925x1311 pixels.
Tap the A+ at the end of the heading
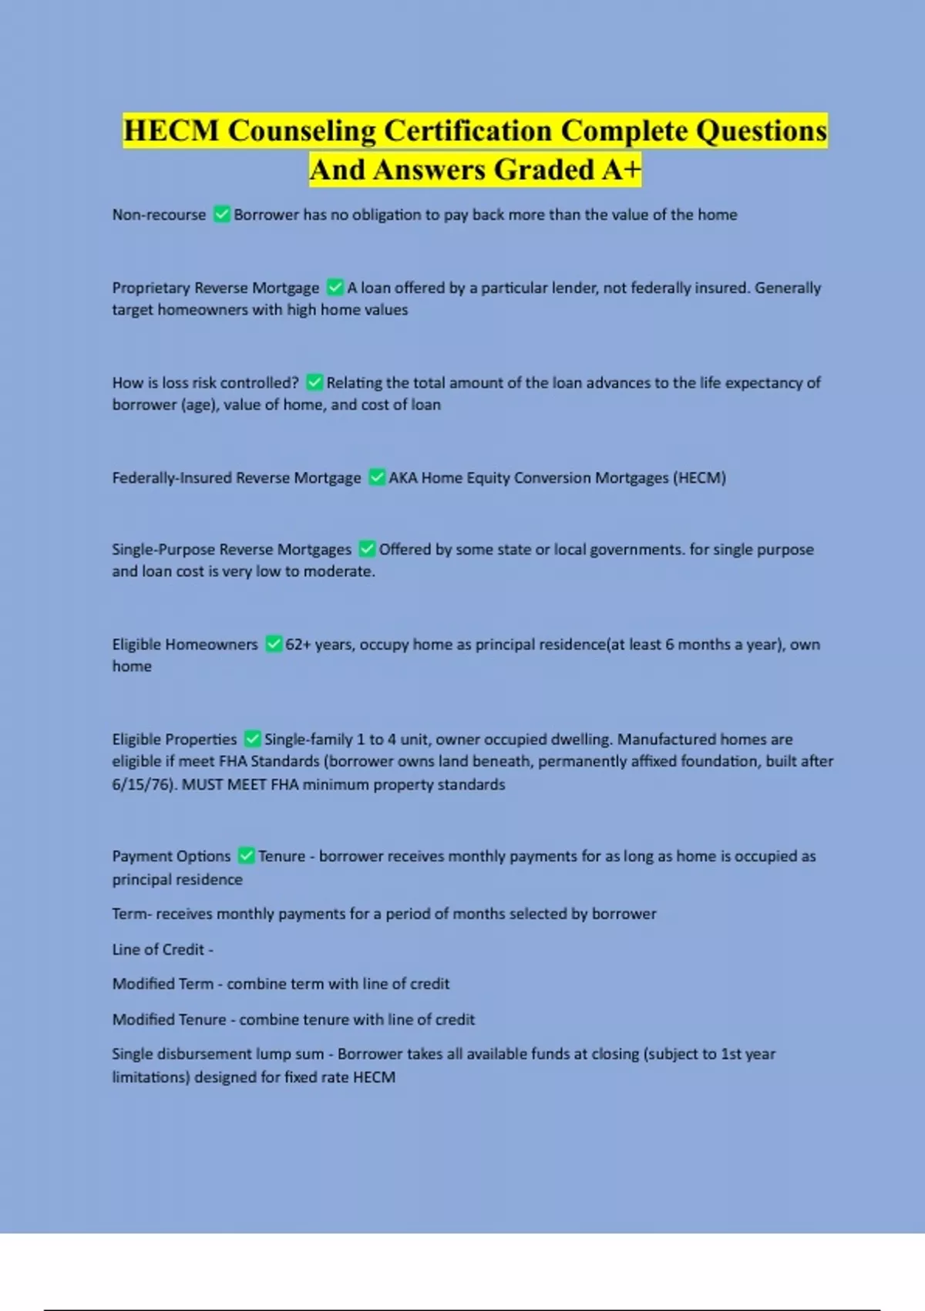click(622, 170)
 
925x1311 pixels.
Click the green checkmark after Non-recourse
click(222, 214)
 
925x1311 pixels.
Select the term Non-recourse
click(159, 214)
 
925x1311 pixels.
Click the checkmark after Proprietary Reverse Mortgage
click(335, 288)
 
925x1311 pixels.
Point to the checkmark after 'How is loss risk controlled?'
click(314, 383)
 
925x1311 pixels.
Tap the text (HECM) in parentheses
click(700, 477)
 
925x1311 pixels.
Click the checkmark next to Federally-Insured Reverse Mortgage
click(377, 477)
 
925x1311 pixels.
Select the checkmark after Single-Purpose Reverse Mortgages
click(367, 549)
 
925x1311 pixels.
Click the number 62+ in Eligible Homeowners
click(298, 645)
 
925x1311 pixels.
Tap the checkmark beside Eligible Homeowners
click(274, 644)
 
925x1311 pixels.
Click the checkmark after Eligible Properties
click(252, 739)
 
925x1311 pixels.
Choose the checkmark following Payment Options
click(246, 856)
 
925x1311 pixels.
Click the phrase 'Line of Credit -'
click(163, 949)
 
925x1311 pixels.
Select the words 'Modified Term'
click(163, 984)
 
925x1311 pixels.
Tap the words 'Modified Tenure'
click(169, 1019)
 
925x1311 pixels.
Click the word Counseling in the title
click(301, 130)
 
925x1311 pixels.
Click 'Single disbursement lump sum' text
click(217, 1054)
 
